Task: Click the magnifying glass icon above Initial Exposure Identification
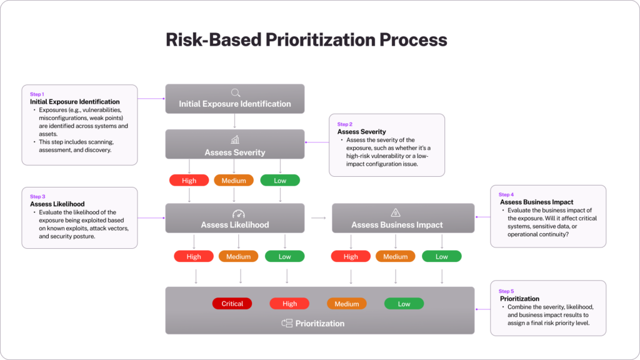point(235,92)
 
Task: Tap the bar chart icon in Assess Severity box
point(235,139)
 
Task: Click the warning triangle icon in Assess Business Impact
point(396,213)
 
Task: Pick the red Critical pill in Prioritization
point(232,304)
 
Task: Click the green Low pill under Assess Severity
point(280,181)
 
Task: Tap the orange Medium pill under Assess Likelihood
point(238,256)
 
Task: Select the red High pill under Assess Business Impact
point(351,256)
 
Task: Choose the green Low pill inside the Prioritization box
point(404,304)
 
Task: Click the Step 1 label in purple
point(37,94)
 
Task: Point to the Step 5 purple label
point(506,291)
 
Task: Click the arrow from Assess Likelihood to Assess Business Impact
point(318,218)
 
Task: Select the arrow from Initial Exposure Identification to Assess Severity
point(235,121)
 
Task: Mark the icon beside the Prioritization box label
point(287,323)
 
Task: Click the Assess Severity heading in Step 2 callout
point(361,132)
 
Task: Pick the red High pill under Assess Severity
point(189,181)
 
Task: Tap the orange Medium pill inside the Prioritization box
point(346,304)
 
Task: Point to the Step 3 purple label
point(37,197)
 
